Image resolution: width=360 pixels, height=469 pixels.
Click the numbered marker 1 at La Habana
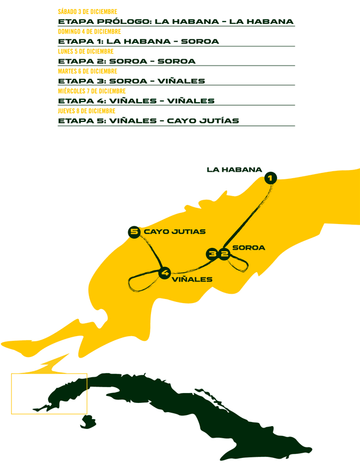[x=271, y=178]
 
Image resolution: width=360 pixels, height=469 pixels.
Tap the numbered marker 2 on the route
[x=224, y=254]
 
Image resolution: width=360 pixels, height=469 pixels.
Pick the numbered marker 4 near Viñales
[x=165, y=272]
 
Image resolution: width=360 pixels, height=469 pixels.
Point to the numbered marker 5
[x=134, y=232]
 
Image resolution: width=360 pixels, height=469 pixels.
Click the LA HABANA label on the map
[x=235, y=169]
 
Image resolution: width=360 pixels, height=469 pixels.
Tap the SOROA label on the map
[x=249, y=248]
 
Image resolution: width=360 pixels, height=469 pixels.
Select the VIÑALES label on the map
[x=192, y=279]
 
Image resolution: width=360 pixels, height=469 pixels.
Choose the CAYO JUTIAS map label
[x=175, y=232]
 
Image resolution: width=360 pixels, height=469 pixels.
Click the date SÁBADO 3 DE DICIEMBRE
[x=88, y=12]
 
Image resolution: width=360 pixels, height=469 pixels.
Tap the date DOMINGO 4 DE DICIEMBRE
[x=89, y=31]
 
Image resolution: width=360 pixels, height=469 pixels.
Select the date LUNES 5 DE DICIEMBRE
[x=82, y=51]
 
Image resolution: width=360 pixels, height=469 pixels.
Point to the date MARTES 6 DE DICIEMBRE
[x=84, y=71]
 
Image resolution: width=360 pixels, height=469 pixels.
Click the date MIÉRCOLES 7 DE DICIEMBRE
[x=92, y=91]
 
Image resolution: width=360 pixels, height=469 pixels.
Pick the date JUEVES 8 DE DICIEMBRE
[x=87, y=111]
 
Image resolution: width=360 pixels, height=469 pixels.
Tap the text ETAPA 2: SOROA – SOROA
[x=127, y=61]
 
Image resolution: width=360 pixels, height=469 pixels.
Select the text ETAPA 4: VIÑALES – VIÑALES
[x=136, y=101]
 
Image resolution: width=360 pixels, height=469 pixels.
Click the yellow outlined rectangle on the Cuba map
[x=49, y=394]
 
